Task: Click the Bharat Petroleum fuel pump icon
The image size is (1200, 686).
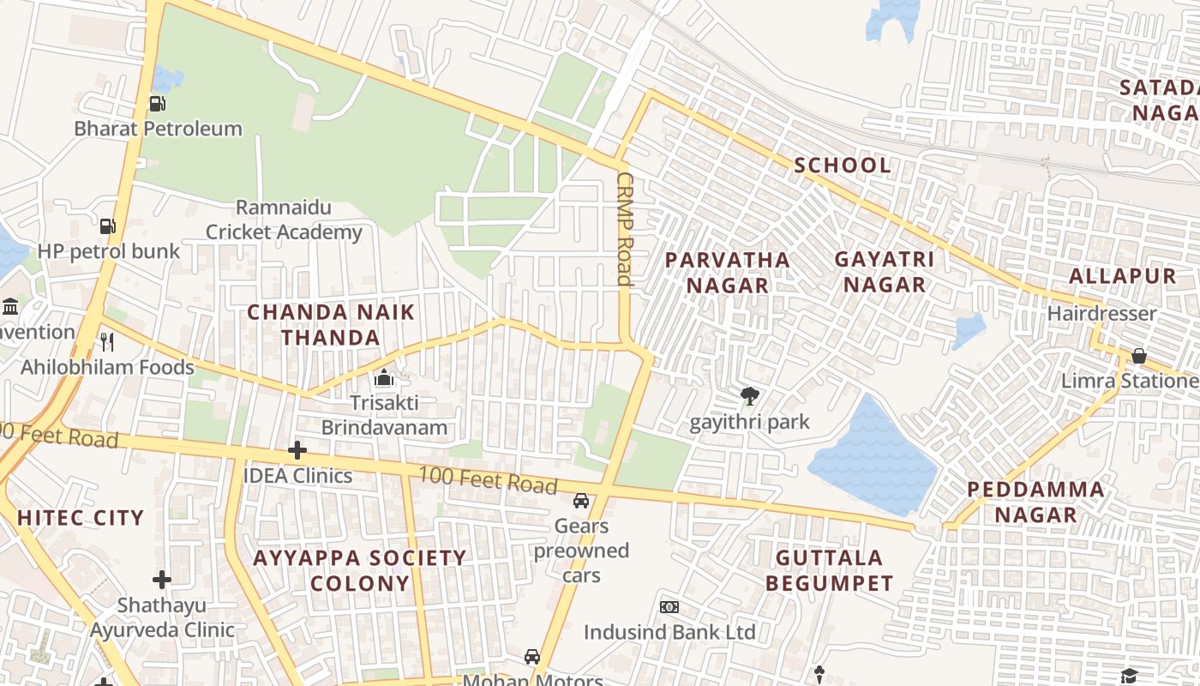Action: [157, 104]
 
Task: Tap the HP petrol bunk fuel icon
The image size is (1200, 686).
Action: [107, 226]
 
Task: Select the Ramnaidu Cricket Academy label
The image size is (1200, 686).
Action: [284, 220]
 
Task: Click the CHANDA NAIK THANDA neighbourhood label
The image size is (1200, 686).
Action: [331, 325]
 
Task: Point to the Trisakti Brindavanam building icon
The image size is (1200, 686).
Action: [384, 377]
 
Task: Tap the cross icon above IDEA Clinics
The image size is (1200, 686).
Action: [297, 450]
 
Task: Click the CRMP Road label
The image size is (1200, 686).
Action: [625, 229]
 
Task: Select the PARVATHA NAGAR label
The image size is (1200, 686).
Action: [727, 272]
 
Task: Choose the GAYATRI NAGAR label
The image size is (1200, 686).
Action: [884, 272]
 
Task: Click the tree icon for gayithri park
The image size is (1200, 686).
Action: [750, 396]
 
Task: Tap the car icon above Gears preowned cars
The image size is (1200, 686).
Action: [581, 501]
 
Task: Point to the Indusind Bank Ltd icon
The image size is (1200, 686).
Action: [669, 607]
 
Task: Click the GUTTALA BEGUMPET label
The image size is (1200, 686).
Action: [829, 571]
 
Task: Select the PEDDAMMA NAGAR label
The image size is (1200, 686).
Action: [1035, 502]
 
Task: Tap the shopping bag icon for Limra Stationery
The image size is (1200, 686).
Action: [1139, 356]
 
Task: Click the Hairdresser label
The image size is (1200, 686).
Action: [1101, 314]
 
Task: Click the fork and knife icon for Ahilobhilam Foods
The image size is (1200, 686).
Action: [107, 342]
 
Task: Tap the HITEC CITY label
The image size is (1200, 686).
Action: [81, 518]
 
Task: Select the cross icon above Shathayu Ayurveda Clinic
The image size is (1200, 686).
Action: [162, 580]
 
